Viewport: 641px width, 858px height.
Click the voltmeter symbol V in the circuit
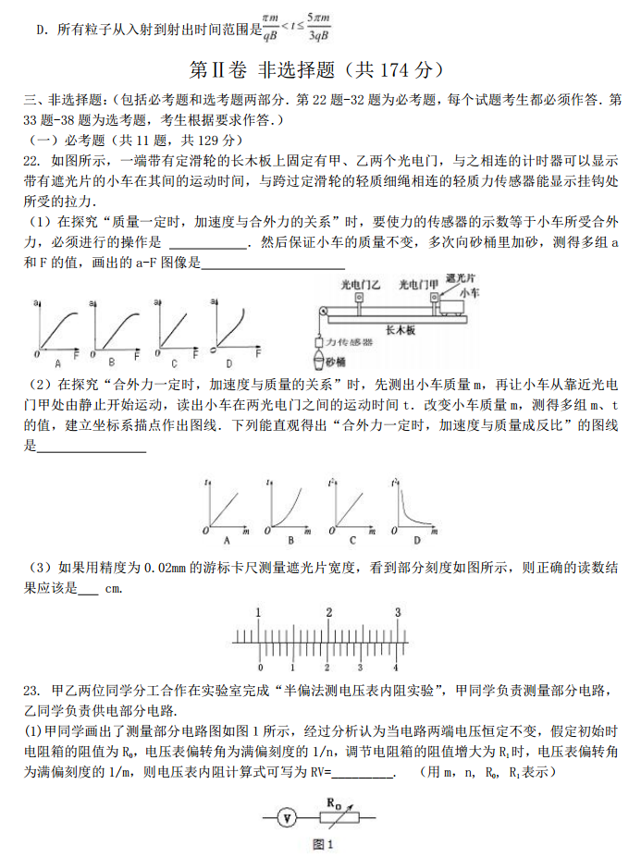(289, 817)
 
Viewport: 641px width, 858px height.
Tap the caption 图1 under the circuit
(323, 843)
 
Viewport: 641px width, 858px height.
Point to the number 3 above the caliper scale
(398, 612)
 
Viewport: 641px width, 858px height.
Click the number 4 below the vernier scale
(395, 668)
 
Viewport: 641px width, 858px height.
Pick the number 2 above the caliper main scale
(328, 612)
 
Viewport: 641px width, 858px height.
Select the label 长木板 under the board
(401, 328)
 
